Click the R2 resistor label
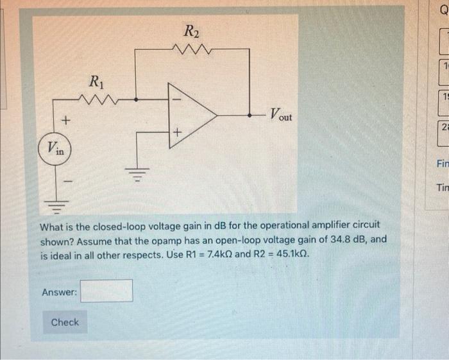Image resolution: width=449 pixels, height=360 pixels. pyautogui.click(x=192, y=30)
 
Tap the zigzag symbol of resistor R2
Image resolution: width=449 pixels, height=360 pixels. pyautogui.click(x=192, y=48)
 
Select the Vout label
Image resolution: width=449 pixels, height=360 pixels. pyautogui.click(x=280, y=116)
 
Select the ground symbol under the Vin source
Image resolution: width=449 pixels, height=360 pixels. pyautogui.click(x=56, y=205)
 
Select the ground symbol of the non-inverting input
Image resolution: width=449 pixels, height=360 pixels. pyautogui.click(x=136, y=173)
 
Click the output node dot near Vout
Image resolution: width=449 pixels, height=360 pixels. pyautogui.click(x=250, y=116)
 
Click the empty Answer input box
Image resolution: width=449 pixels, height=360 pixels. pyautogui.click(x=106, y=291)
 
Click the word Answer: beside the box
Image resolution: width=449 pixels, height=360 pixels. pyautogui.click(x=59, y=293)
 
